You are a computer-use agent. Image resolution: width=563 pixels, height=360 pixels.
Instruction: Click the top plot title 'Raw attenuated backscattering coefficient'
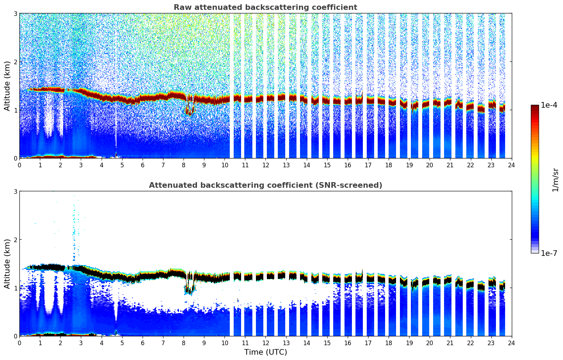point(265,7)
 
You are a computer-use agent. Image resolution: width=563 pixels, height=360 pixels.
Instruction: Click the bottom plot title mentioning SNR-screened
point(265,185)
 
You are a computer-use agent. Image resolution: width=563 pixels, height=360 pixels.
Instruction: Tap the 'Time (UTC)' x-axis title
point(265,352)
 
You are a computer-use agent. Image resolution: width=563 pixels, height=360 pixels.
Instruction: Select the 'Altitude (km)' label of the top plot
point(7,86)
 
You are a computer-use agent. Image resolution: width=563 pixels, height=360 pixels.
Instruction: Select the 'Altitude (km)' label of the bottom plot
point(7,264)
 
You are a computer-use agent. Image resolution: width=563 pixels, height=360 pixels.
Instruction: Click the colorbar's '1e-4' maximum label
point(549,105)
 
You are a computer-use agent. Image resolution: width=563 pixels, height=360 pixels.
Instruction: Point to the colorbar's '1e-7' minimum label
point(549,253)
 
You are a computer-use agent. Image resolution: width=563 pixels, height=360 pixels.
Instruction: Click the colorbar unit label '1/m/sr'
point(555,179)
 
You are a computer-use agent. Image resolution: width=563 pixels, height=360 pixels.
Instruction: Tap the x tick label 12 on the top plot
point(265,165)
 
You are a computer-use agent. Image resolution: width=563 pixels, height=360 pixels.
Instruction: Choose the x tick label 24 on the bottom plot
point(511,343)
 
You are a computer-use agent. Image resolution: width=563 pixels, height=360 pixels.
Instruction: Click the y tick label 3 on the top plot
point(16,13)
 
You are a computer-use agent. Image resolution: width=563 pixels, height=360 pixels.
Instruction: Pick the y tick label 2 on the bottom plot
point(16,240)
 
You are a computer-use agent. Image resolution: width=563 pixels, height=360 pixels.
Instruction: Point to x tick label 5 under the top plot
point(122,165)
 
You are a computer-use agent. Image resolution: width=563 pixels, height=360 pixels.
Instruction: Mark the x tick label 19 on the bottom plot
point(409,343)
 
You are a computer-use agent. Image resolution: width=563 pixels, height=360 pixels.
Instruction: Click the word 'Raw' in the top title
point(181,7)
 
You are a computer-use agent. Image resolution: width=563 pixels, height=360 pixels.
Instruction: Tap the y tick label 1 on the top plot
point(16,110)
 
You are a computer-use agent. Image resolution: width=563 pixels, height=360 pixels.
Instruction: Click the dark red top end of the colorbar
point(535,107)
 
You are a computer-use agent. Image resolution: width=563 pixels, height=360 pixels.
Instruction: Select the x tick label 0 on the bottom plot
point(19,343)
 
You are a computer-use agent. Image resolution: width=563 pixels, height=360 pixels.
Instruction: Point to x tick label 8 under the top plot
point(184,165)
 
